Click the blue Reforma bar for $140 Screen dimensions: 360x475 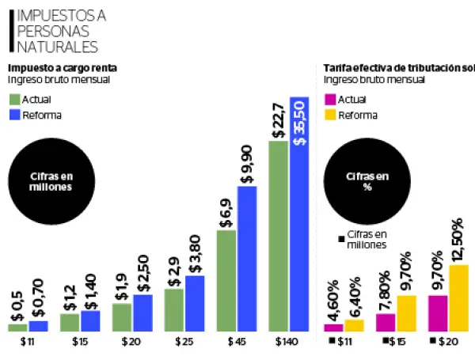[298, 214]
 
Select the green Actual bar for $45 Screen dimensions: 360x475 [226, 280]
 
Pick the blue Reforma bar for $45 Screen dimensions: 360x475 [247, 258]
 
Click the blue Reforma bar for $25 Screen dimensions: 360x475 [195, 303]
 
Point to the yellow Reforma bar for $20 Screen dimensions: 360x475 [458, 297]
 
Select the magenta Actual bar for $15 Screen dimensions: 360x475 [386, 322]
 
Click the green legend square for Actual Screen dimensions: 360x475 [14, 99]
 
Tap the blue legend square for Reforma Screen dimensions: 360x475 [14, 115]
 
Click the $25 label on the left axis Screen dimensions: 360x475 [184, 343]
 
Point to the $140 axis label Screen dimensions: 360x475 [288, 343]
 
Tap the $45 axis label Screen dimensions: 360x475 [236, 343]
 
